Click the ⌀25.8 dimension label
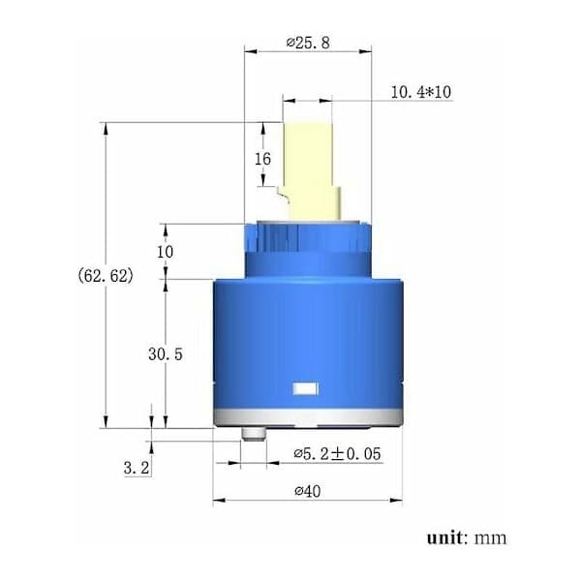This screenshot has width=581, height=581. [x=308, y=43]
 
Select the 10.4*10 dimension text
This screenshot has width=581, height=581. [x=421, y=92]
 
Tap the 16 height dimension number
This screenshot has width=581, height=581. [x=262, y=159]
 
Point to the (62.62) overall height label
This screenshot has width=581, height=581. [x=106, y=275]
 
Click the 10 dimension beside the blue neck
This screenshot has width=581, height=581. [x=165, y=252]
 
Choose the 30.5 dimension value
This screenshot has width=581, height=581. [x=166, y=354]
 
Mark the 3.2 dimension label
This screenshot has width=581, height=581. [x=137, y=468]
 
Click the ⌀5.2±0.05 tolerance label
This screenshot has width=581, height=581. [x=337, y=453]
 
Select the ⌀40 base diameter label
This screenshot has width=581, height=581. [x=308, y=491]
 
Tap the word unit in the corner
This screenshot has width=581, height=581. [x=444, y=537]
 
